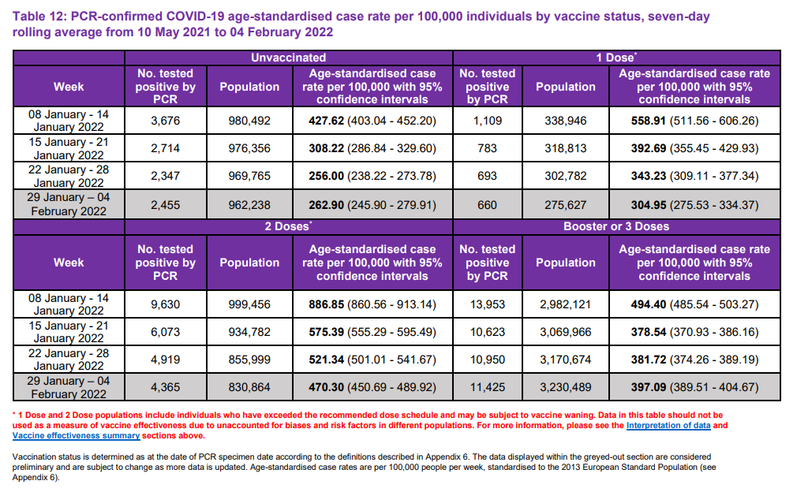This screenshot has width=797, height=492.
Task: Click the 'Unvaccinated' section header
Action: coord(288,58)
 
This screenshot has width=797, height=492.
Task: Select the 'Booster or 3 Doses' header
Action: coord(616,226)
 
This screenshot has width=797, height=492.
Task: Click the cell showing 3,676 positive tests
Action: coord(166,121)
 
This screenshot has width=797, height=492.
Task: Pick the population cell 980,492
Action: coord(249,121)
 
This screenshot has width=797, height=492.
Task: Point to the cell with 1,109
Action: coord(487,121)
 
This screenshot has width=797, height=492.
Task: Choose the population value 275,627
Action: coord(565,205)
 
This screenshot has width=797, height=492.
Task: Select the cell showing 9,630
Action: coord(166,305)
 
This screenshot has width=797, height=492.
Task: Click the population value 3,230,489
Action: coord(565,388)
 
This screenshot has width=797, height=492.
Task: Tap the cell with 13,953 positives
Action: coord(487,305)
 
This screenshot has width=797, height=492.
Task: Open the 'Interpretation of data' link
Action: coord(668,426)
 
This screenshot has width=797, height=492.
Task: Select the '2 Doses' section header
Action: coord(288,226)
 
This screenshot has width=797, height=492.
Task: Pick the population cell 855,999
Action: coord(249,360)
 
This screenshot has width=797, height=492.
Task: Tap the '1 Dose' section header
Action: coord(616,58)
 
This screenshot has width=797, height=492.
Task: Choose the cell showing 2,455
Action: coord(166,205)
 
